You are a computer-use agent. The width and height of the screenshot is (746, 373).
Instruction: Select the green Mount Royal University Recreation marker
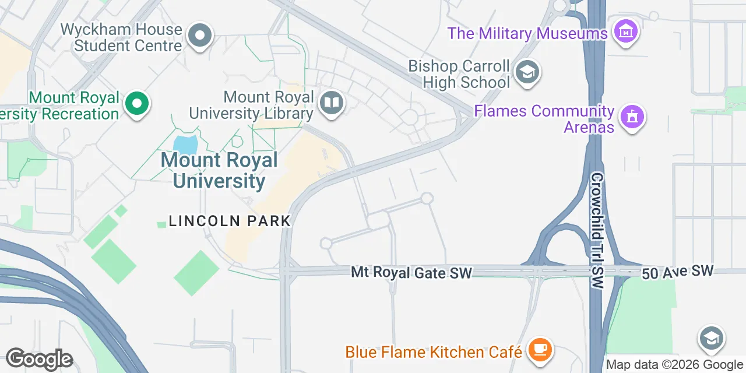137,104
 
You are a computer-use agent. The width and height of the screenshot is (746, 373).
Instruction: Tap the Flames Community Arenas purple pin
632,117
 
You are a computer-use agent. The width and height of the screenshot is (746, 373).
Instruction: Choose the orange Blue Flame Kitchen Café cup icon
540,350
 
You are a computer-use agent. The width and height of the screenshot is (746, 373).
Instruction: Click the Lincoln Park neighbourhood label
230,221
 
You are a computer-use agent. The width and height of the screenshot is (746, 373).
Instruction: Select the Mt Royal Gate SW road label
411,272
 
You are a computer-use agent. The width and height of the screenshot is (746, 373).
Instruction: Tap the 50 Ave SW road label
677,272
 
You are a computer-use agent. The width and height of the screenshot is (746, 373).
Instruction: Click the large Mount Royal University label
219,170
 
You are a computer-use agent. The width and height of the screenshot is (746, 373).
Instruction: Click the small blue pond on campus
185,144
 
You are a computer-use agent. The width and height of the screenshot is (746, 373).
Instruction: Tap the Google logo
39,359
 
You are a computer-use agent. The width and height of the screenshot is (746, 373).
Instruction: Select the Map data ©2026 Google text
674,365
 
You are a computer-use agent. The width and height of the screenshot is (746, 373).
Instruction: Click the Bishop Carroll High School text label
459,74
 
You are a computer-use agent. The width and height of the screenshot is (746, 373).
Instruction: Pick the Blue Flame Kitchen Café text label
433,352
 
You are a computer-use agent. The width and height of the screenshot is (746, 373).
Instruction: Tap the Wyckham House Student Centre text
121,37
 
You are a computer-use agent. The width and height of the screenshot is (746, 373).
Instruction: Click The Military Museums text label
527,33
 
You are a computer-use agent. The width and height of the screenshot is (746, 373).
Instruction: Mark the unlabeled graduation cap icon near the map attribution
712,338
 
